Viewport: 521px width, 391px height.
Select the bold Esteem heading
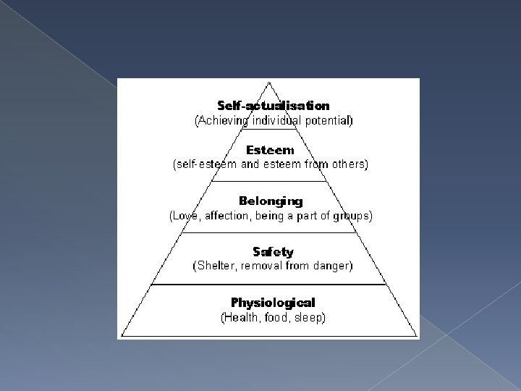click(x=270, y=151)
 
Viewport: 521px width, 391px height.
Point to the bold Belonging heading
click(x=271, y=201)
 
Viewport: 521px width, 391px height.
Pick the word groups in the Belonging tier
click(x=354, y=215)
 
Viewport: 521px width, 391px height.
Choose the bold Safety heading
click(x=273, y=252)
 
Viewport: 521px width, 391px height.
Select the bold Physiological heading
click(x=273, y=302)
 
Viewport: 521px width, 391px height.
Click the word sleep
click(x=308, y=317)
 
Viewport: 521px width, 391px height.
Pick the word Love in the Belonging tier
click(x=183, y=215)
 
